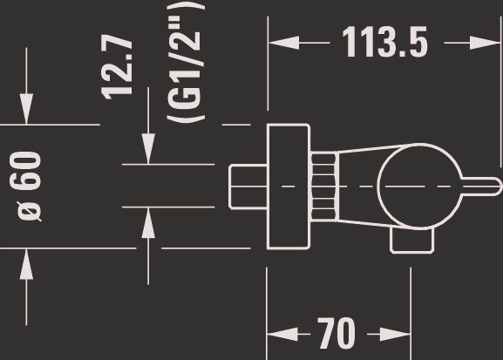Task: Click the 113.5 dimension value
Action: [384, 42]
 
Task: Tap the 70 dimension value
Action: [336, 334]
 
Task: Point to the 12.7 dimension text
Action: [116, 67]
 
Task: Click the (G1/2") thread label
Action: [186, 62]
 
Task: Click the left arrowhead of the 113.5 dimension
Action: [283, 43]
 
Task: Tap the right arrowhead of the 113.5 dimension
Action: [485, 43]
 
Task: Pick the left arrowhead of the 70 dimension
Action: [282, 334]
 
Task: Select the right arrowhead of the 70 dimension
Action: [395, 334]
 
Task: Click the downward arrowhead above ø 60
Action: [26, 108]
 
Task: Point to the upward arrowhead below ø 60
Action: [26, 264]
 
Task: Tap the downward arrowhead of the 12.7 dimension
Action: [148, 148]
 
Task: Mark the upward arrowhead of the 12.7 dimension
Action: [148, 223]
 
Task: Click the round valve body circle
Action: [377, 186]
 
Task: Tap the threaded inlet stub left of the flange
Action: [248, 187]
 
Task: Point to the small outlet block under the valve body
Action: [411, 241]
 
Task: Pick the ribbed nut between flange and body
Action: [324, 187]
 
